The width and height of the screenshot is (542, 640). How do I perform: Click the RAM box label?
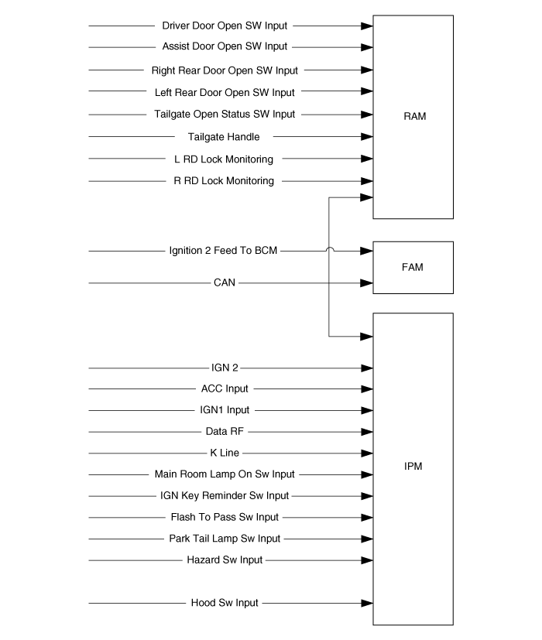414,116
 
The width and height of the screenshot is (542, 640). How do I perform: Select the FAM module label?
413,267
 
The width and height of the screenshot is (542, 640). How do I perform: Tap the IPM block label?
413,466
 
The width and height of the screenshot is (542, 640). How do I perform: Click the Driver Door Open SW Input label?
225,26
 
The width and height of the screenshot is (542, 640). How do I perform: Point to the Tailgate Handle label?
224,137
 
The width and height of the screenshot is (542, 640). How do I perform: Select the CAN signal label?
225,282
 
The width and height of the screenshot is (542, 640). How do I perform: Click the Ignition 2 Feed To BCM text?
223,251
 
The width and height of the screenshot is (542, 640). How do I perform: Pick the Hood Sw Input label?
225,603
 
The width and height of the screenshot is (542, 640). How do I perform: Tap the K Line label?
225,453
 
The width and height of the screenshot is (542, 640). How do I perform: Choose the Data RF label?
225,431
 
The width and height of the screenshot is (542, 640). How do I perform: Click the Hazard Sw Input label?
225,560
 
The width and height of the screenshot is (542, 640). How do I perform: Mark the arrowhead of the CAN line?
367,283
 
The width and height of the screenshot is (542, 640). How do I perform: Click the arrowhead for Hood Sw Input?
367,603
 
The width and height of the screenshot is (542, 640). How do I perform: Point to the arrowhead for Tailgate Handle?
367,137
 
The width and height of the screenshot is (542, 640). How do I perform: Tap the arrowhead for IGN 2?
367,368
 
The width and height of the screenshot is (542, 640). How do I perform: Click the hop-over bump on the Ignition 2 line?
330,248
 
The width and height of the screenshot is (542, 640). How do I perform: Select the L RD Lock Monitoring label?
224,159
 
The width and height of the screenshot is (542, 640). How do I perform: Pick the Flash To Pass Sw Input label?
225,517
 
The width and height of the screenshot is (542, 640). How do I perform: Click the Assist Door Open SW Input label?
225,46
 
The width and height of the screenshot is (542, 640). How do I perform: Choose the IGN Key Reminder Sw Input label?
225,495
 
